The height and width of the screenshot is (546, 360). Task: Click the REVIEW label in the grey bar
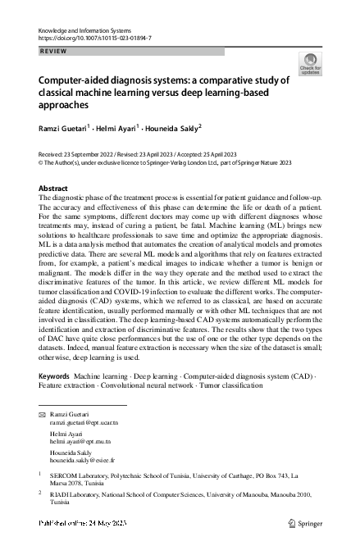pos(53,51)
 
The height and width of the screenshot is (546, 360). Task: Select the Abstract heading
pos(53,189)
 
